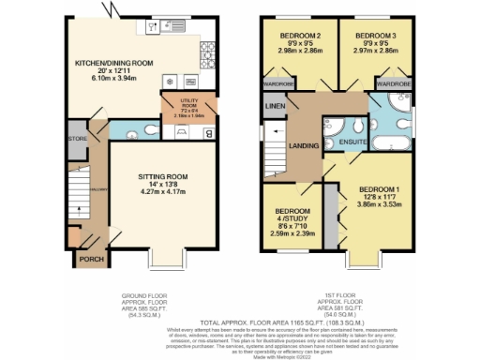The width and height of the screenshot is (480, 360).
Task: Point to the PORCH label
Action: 91,259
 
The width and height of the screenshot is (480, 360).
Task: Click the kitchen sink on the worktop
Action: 174,27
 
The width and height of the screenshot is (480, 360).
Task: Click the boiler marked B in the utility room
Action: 206,132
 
